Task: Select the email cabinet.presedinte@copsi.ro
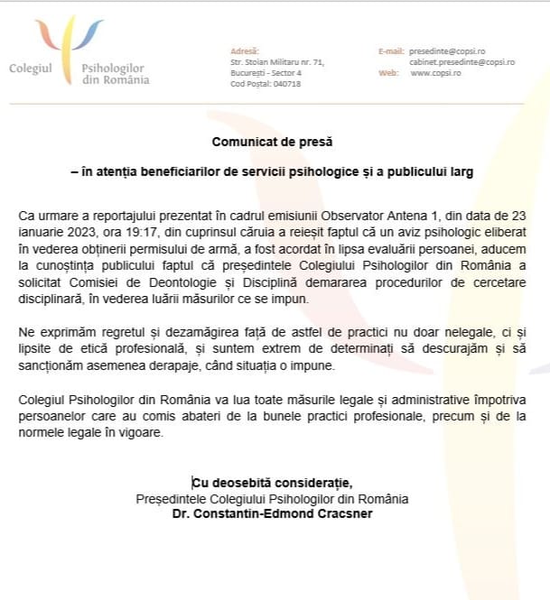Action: point(461,62)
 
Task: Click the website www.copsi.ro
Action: point(435,73)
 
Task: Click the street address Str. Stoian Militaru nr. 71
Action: point(277,62)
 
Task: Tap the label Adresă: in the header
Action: point(245,51)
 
